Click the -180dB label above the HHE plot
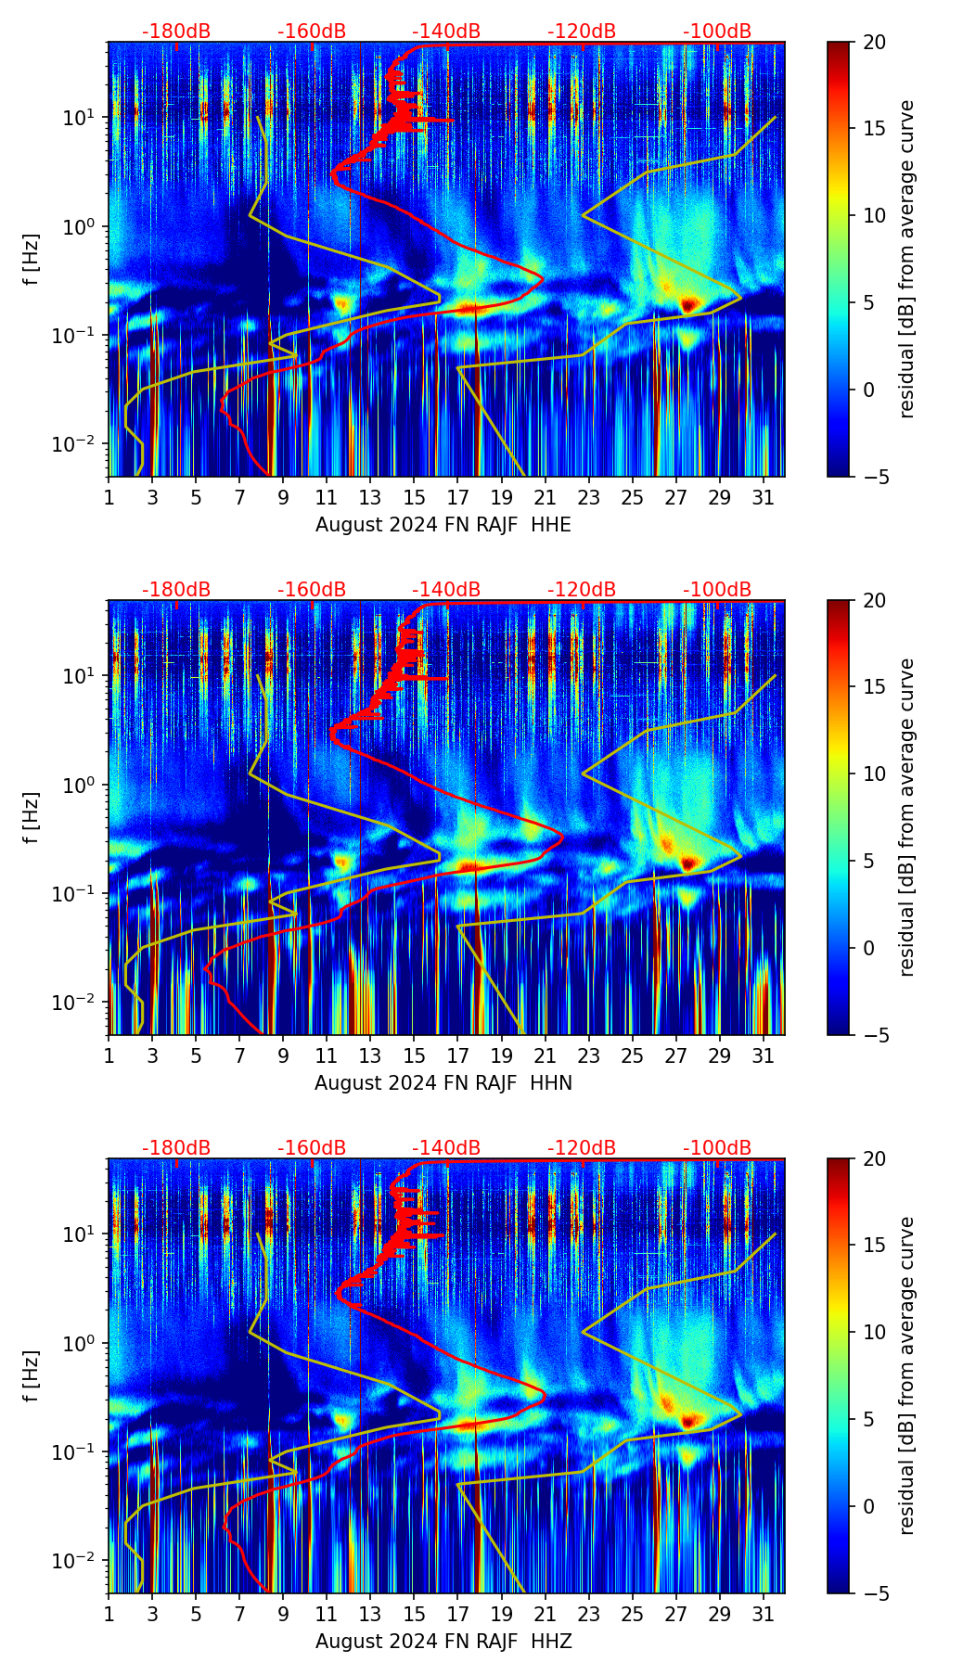pyautogui.click(x=176, y=32)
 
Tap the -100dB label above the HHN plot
pyautogui.click(x=717, y=590)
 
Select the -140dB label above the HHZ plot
pyautogui.click(x=446, y=1148)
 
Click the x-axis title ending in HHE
pyautogui.click(x=443, y=525)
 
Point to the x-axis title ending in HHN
pyautogui.click(x=443, y=1083)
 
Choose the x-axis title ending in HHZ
pyautogui.click(x=443, y=1642)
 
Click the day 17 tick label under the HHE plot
pyautogui.click(x=458, y=497)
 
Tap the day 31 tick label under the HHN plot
pyautogui.click(x=764, y=1055)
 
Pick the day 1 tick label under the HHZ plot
pyautogui.click(x=109, y=1614)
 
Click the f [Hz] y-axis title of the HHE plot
pyautogui.click(x=32, y=259)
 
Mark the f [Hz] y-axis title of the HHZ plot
pyautogui.click(x=32, y=1375)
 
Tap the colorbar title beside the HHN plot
pyautogui.click(x=907, y=817)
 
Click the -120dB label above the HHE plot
pyautogui.click(x=582, y=32)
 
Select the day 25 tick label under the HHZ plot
pyautogui.click(x=633, y=1614)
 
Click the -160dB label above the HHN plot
pyautogui.click(x=312, y=590)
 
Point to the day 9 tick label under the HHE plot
pyautogui.click(x=284, y=497)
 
